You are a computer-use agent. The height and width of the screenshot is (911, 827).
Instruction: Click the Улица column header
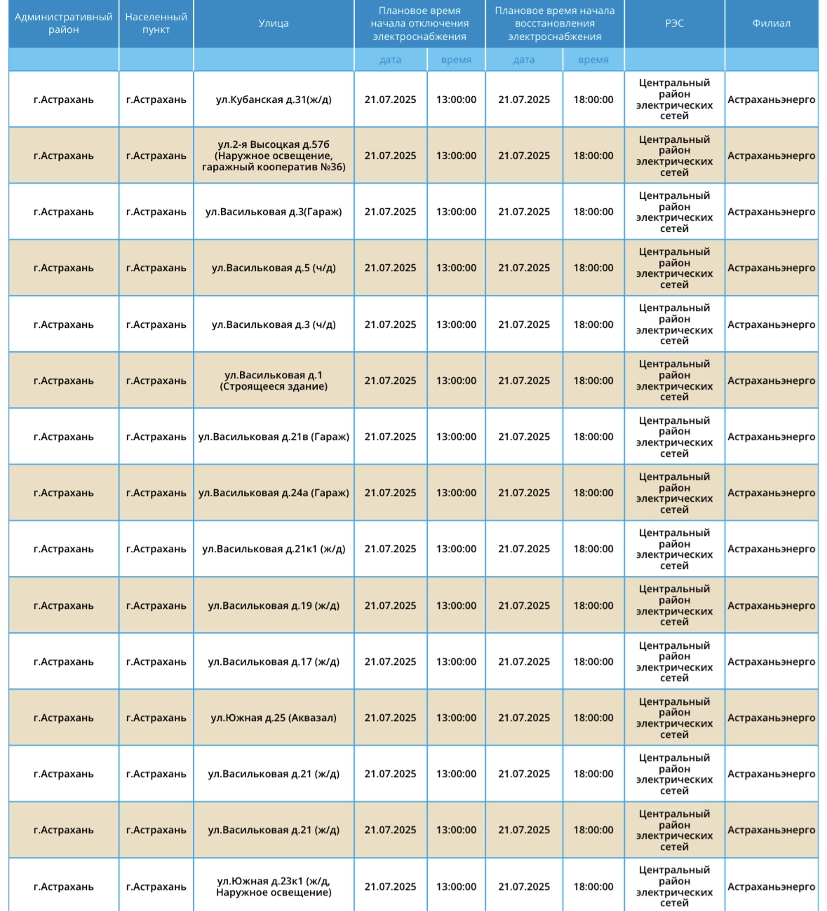[x=274, y=24]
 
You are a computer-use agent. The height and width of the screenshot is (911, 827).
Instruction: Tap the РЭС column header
[x=674, y=24]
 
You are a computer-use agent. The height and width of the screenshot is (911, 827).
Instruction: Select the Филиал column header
[x=771, y=24]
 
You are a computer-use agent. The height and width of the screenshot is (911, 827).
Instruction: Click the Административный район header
[x=64, y=24]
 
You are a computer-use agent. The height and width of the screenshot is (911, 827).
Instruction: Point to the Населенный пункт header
[x=156, y=24]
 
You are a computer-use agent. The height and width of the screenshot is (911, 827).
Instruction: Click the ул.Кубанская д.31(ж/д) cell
[x=274, y=100]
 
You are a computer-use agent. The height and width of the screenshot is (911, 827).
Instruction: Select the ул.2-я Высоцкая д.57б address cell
[x=274, y=156]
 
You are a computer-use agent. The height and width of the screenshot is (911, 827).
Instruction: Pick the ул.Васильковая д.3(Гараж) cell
[x=274, y=212]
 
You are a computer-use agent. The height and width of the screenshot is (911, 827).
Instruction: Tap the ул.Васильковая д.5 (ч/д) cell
[x=274, y=268]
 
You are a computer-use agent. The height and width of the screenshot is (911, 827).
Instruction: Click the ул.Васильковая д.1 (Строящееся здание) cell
[x=274, y=381]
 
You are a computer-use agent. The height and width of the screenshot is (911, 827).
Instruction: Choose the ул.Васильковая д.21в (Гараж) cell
[x=274, y=437]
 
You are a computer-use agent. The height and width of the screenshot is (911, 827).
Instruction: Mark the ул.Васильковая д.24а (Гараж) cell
[x=274, y=493]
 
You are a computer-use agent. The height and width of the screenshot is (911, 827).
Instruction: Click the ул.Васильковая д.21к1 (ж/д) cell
[x=274, y=549]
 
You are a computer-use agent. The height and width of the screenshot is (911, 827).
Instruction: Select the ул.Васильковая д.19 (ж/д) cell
[x=274, y=605]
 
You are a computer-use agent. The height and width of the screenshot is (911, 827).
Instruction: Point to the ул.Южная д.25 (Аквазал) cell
[x=274, y=718]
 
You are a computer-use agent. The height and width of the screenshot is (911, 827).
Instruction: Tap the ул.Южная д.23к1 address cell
[x=274, y=886]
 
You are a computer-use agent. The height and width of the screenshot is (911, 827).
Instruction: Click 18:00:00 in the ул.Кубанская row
[x=593, y=100]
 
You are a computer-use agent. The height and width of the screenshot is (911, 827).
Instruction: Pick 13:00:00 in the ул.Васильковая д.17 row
[x=456, y=662]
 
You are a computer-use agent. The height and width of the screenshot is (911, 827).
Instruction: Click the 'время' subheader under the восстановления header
[x=593, y=60]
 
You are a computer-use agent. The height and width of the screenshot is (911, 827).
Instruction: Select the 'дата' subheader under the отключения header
[x=391, y=60]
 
